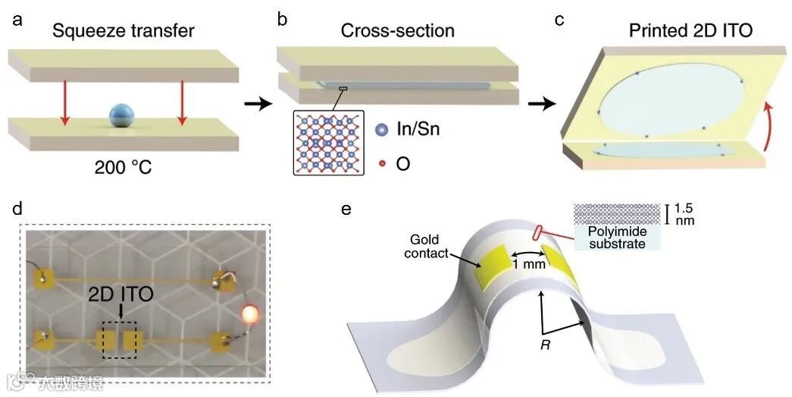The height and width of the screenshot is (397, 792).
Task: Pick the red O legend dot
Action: point(381,163)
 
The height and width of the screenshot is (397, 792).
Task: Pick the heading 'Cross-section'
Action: point(397,32)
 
